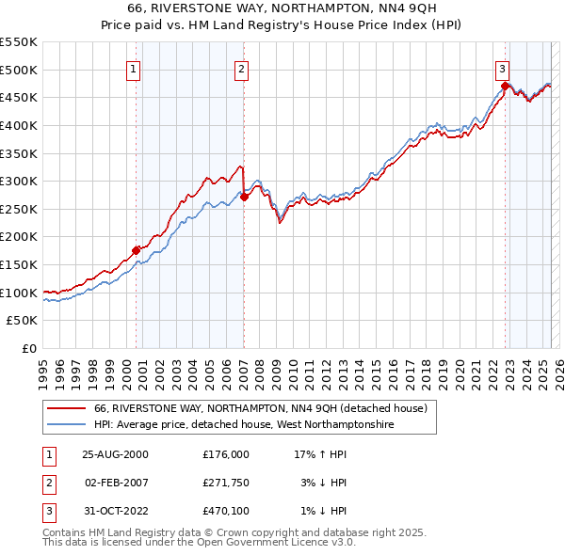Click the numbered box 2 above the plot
click(x=241, y=69)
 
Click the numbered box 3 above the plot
click(x=503, y=69)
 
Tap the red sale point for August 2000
click(x=136, y=250)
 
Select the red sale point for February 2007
click(x=244, y=197)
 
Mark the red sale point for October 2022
click(x=505, y=87)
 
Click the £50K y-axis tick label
click(x=23, y=321)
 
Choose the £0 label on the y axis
click(x=29, y=348)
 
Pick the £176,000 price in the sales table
click(x=226, y=454)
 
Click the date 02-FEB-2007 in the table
click(x=117, y=483)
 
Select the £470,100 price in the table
click(x=226, y=511)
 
